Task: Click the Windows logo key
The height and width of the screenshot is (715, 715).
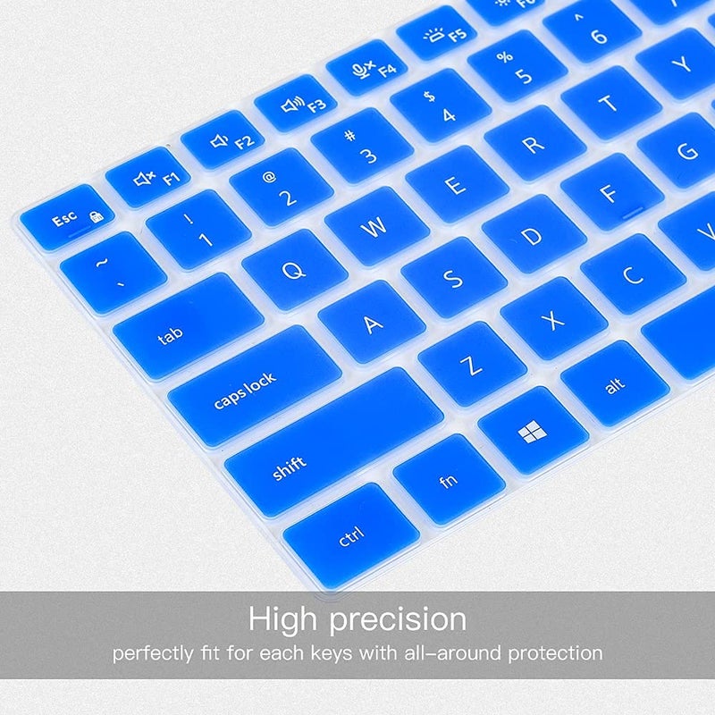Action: [x=533, y=433]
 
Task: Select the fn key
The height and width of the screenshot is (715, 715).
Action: [x=449, y=480]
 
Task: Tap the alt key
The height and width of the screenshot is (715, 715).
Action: [x=614, y=385]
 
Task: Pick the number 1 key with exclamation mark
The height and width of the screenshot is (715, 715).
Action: [x=198, y=229]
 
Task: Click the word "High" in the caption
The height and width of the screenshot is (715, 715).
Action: [x=286, y=618]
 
